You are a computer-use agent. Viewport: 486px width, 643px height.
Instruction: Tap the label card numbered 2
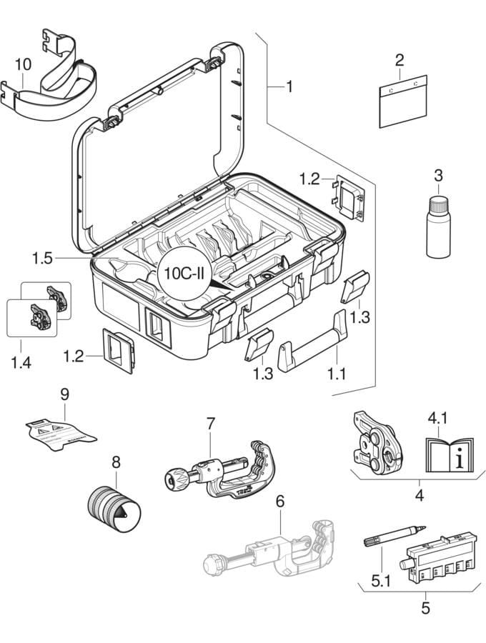pos(402,101)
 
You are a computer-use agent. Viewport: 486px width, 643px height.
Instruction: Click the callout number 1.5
pos(42,257)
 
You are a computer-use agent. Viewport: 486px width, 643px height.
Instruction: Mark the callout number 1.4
pos(21,364)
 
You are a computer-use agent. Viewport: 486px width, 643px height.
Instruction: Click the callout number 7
pos(210,423)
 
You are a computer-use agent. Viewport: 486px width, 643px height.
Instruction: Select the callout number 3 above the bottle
pos(439,175)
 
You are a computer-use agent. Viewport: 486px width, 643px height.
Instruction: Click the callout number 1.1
pos(335,372)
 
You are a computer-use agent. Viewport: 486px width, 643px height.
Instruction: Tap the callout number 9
pos(64,394)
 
